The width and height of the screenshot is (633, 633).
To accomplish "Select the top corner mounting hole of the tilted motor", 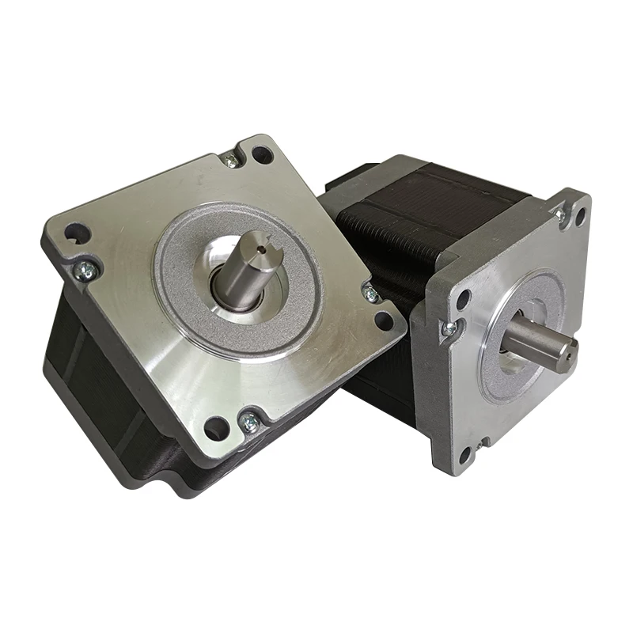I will click(x=262, y=154).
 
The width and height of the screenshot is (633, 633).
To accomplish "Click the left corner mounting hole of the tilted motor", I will click(x=74, y=233).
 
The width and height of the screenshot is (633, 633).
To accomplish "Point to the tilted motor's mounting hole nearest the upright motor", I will click(x=385, y=320).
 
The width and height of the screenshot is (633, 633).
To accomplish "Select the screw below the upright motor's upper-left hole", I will click(x=449, y=328).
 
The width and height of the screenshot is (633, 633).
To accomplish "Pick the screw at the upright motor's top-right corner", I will click(x=559, y=214).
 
